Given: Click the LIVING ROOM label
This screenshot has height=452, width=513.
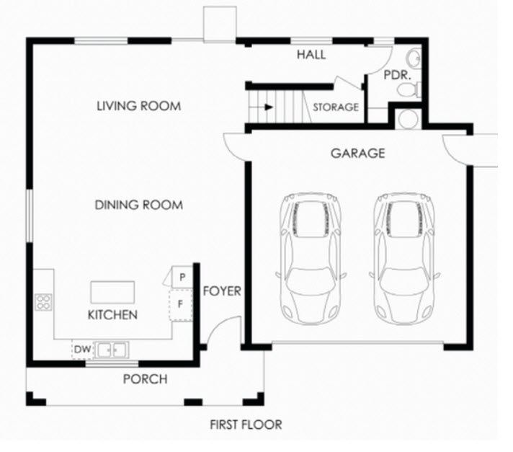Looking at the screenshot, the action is tap(139, 106).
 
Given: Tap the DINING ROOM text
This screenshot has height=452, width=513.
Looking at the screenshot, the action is tap(139, 205).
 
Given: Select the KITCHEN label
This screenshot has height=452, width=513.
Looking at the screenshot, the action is tap(112, 315).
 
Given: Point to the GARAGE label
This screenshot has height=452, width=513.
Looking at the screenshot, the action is tap(357, 153).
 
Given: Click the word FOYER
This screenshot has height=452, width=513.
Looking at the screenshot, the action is tap(222, 291).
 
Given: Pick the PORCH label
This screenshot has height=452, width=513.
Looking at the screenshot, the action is tap(146, 379).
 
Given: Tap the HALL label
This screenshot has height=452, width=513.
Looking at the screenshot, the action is tap(311, 55).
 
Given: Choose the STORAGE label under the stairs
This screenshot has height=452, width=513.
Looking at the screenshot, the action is tap(336, 107).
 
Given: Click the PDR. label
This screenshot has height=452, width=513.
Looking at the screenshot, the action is tap(397, 75).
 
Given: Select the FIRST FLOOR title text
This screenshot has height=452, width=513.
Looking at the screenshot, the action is tap(246, 425).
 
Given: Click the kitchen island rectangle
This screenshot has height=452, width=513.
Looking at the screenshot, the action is tap(112, 292).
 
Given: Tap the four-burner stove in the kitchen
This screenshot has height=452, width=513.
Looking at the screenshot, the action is tap(43, 302).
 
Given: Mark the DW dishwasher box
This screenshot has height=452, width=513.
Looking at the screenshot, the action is tap(82, 350).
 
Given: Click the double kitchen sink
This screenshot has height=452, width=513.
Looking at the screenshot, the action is tap(111, 350).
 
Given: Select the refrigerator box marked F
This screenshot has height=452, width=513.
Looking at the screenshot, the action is tap(180, 305).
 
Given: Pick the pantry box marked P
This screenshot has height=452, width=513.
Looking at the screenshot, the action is tap(182, 278).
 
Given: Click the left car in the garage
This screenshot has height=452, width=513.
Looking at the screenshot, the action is tap(311, 258).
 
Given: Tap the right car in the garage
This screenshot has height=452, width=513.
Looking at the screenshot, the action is tap(404, 258).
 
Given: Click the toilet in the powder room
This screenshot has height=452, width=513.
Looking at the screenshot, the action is tap(409, 89).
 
